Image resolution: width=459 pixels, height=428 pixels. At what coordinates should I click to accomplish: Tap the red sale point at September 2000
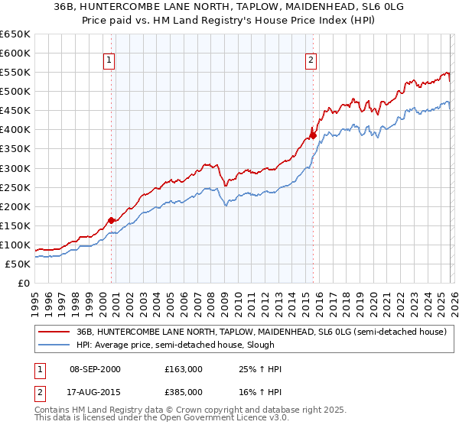112,220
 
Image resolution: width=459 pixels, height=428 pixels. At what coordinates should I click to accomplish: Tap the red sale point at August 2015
313,135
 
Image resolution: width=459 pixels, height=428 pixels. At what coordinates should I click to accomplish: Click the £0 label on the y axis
24,283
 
